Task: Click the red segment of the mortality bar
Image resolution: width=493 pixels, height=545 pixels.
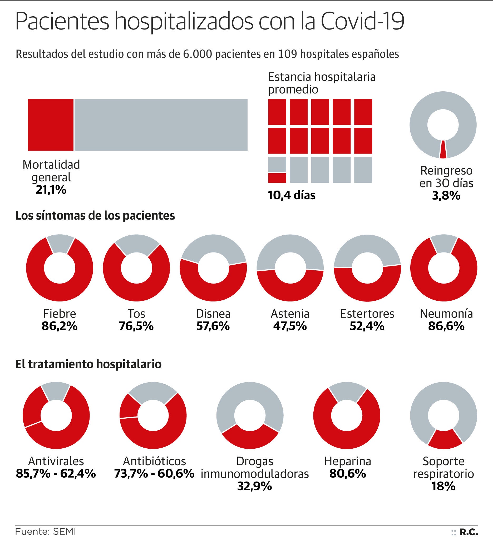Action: click(x=51, y=125)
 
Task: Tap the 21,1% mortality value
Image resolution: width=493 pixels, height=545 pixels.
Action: click(x=51, y=190)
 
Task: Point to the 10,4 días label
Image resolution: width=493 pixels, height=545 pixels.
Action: click(x=291, y=195)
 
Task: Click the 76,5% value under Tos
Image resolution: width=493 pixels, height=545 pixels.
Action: click(x=136, y=326)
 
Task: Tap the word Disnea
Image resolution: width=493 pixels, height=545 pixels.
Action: click(x=213, y=314)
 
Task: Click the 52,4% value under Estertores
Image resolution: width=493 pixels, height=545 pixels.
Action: click(x=367, y=326)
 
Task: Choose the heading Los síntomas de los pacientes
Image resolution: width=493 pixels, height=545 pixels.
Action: click(x=95, y=215)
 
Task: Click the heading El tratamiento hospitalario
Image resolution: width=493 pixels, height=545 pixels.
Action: click(x=88, y=364)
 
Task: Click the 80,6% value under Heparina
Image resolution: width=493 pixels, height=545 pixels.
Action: click(x=348, y=474)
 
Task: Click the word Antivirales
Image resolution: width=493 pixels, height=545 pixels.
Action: click(x=56, y=461)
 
